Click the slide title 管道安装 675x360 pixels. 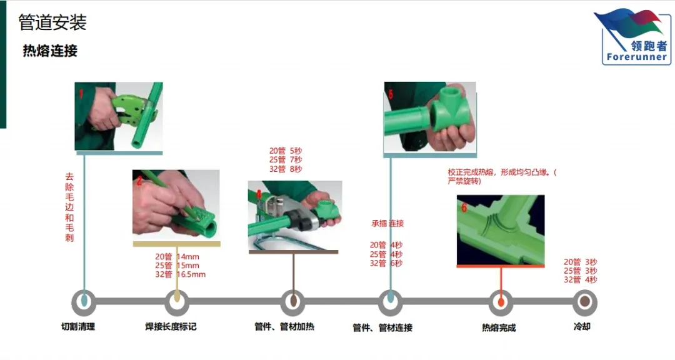coord(52,22)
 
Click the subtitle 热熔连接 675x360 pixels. coord(50,51)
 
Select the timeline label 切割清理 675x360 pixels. coord(78,326)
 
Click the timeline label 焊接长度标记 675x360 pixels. coord(171,326)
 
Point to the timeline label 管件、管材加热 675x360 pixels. coord(284,326)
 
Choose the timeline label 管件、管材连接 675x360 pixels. coord(382,327)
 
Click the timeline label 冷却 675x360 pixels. coord(582,326)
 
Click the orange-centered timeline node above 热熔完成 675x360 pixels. coord(501,302)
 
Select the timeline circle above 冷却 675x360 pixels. coord(584,302)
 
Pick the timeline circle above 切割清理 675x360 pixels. coord(84,302)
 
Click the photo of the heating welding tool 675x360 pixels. coord(294,213)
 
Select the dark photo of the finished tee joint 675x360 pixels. coord(500,229)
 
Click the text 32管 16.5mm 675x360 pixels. coord(181,274)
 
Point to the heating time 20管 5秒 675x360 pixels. coord(286,151)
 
